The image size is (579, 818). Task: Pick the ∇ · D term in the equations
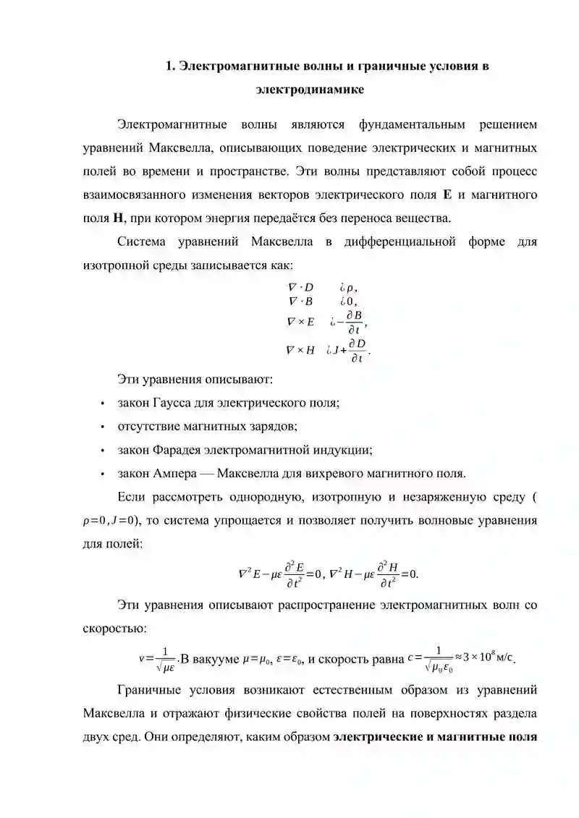pyautogui.click(x=301, y=287)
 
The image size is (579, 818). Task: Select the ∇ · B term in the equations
pyautogui.click(x=301, y=302)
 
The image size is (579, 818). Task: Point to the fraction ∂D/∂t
pyautogui.click(x=357, y=349)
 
